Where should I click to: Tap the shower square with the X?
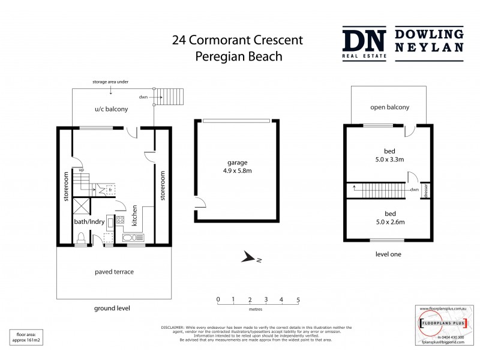(81, 206)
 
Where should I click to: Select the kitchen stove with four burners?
(120, 220)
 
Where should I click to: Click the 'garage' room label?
(236, 163)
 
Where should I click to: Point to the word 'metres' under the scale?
(258, 311)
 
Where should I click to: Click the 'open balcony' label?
(389, 107)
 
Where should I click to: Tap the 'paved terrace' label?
(114, 272)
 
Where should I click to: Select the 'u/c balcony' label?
(112, 109)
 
